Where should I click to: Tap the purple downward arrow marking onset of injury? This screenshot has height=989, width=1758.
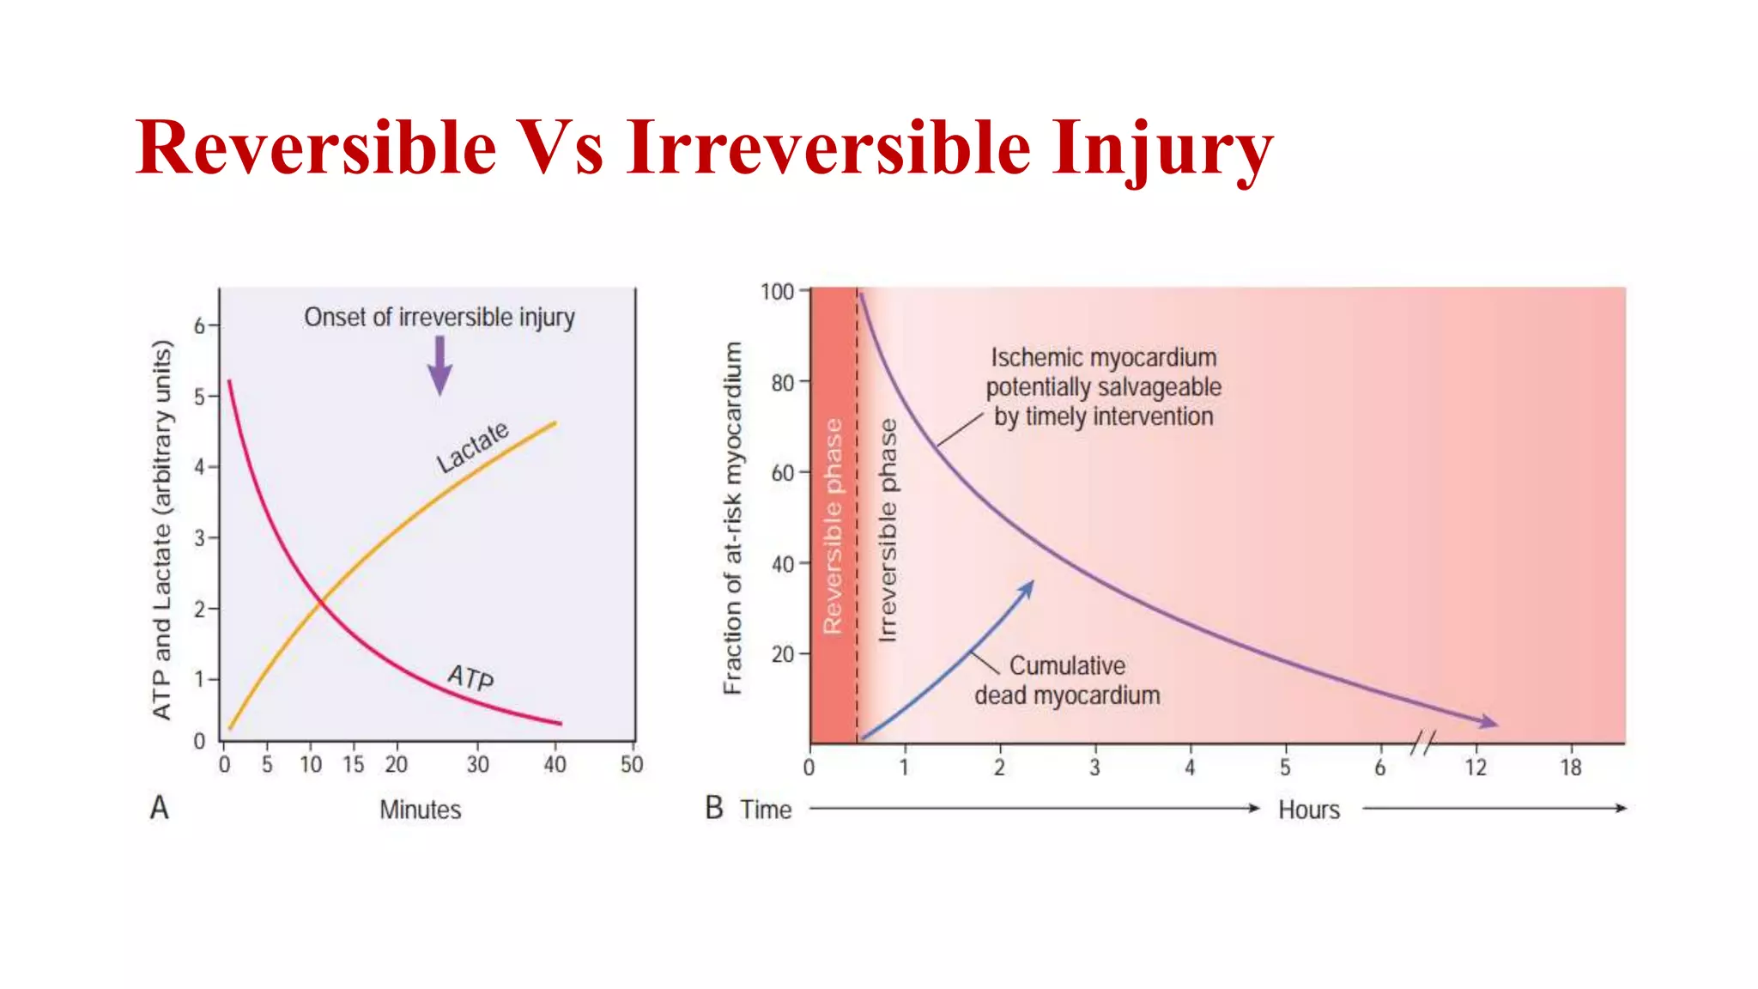pyautogui.click(x=439, y=365)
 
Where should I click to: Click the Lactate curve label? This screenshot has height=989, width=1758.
pyautogui.click(x=472, y=446)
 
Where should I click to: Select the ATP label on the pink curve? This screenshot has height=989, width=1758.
pyautogui.click(x=470, y=677)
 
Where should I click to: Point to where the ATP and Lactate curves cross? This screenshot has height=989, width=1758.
pyautogui.click(x=321, y=602)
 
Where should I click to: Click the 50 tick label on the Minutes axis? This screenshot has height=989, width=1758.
pyautogui.click(x=632, y=764)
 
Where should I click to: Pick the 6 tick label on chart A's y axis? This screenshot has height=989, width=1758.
pyautogui.click(x=199, y=325)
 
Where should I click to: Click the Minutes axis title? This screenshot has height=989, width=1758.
pyautogui.click(x=420, y=810)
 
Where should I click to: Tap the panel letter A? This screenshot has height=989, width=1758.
pyautogui.click(x=160, y=808)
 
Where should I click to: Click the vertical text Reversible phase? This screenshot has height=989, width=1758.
pyautogui.click(x=833, y=525)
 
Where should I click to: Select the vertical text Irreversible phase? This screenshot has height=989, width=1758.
pyautogui.click(x=888, y=530)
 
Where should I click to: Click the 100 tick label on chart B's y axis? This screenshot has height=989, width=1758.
pyautogui.click(x=777, y=292)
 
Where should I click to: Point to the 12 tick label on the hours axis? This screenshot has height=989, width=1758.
pyautogui.click(x=1475, y=767)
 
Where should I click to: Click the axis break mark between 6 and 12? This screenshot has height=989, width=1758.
pyautogui.click(x=1422, y=743)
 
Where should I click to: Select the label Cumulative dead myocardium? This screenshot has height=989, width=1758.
pyautogui.click(x=1067, y=680)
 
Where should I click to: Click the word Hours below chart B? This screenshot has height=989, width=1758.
pyautogui.click(x=1308, y=810)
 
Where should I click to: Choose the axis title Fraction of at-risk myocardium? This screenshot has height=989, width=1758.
pyautogui.click(x=731, y=518)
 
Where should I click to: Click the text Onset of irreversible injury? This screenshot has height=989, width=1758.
pyautogui.click(x=439, y=317)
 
